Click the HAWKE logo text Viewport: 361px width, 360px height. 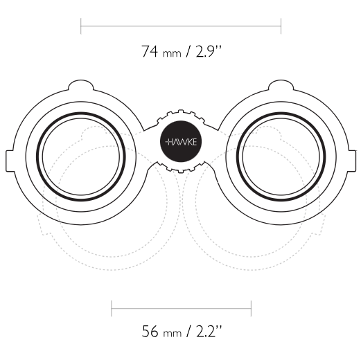[181, 142]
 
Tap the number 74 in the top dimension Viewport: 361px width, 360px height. [150, 51]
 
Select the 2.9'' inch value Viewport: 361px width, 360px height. [209, 51]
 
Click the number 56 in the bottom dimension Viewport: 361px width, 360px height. [150, 331]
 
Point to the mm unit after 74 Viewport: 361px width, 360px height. [172, 54]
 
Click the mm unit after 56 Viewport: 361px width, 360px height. [173, 334]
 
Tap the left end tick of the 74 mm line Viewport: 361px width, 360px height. [81, 26]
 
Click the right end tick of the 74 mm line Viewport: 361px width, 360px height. [281, 26]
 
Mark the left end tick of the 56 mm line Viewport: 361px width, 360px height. [112, 309]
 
